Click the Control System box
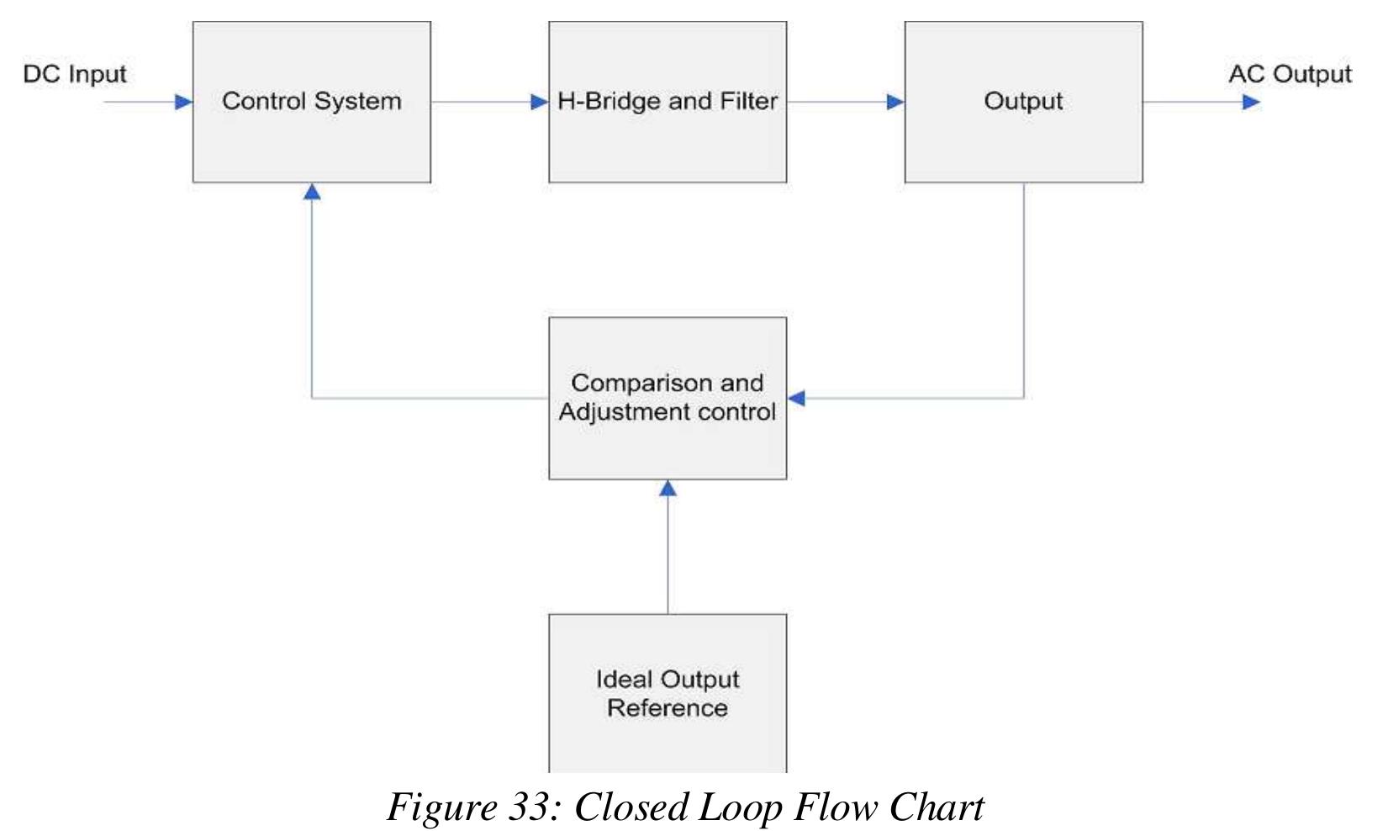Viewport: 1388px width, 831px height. pos(312,102)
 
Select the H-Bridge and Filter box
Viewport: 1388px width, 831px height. pos(668,102)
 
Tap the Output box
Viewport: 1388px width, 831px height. pos(1023,102)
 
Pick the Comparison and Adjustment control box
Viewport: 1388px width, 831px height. pos(668,398)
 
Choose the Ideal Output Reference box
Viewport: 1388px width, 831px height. pos(668,693)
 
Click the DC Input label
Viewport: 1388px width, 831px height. pos(75,74)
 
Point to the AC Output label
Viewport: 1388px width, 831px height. pos(1290,74)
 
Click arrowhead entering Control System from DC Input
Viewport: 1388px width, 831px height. pos(183,103)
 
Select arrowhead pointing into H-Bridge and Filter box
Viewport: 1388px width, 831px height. pos(540,103)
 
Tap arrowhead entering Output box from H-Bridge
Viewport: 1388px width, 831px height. pos(895,103)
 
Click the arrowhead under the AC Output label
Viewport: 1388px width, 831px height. pos(1251,103)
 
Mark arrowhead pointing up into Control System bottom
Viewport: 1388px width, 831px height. pos(312,192)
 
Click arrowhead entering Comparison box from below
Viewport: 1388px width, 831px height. pos(668,489)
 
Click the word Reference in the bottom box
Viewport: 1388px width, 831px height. pos(668,708)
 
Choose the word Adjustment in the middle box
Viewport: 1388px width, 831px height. pos(627,412)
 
